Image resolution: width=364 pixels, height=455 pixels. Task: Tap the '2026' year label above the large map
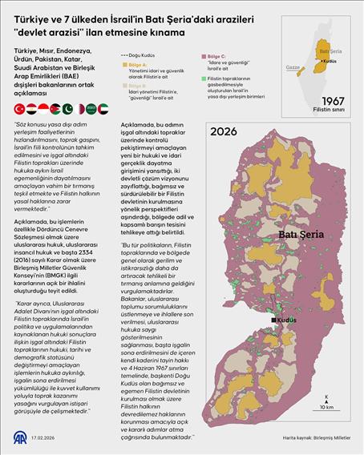(x=224, y=131)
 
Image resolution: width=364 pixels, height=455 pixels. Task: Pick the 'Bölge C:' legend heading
(x=219, y=57)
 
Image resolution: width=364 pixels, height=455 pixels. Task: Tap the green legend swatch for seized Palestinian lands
(x=202, y=81)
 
